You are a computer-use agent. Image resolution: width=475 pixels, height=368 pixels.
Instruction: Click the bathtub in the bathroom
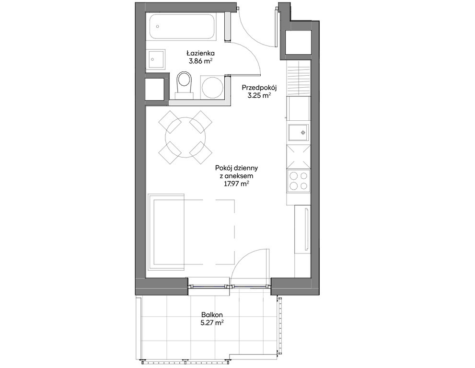pos(183,27)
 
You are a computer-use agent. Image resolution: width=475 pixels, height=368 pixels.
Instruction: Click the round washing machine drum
pos(212,88)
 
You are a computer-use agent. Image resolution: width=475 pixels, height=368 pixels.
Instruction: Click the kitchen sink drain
pos(303,132)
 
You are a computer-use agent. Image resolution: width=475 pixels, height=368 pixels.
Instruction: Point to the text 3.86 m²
pos(200,61)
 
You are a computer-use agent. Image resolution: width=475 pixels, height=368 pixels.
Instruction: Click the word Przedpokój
pos(259,88)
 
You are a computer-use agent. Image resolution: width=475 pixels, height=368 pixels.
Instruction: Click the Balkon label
pos(212,315)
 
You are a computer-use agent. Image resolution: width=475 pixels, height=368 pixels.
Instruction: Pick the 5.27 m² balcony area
pos(212,323)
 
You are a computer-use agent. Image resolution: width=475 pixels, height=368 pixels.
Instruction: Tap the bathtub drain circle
pos(158,26)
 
